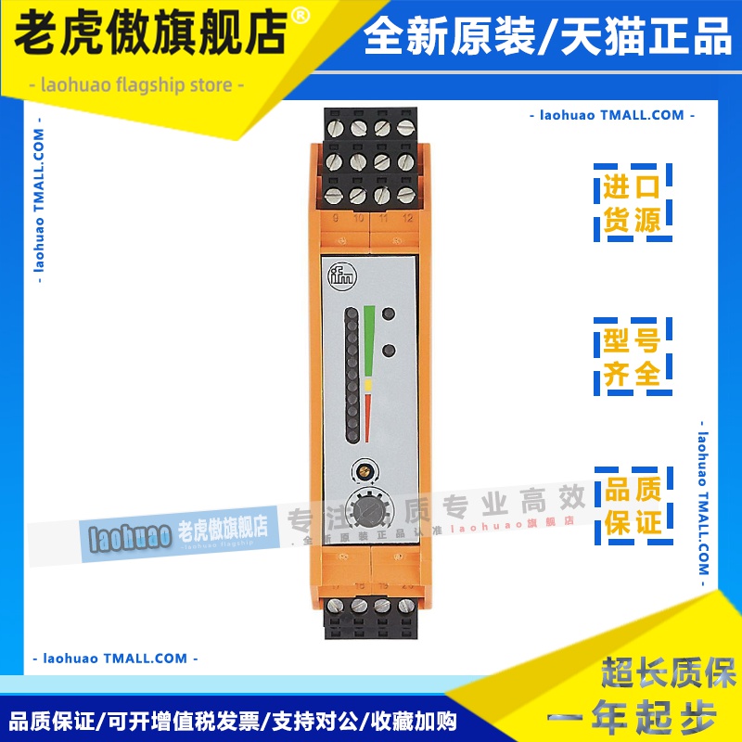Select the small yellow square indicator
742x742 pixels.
point(369,382)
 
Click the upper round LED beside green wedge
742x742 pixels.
point(390,315)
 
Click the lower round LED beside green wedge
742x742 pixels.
point(390,351)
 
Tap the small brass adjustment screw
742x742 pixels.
point(363,469)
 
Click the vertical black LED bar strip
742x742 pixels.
point(352,376)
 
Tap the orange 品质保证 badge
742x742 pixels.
point(633,505)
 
